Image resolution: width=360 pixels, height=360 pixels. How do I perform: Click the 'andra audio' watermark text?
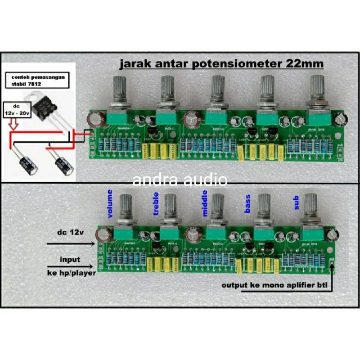(x=180, y=180)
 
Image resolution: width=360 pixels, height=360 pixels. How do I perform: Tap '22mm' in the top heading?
(x=304, y=64)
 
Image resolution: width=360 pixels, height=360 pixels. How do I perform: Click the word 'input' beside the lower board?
(x=70, y=259)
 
